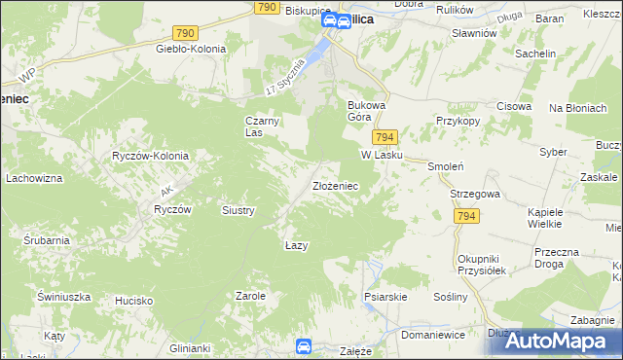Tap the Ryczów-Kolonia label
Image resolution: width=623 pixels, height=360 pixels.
[150, 156]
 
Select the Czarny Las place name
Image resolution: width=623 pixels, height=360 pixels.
[255, 126]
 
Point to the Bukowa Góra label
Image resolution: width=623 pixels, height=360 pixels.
[367, 110]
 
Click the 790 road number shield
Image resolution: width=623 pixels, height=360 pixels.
[269, 7]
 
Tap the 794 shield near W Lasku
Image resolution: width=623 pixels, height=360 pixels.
[384, 138]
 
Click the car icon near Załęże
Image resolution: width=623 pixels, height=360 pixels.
[304, 345]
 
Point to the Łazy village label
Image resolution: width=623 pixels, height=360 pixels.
[297, 245]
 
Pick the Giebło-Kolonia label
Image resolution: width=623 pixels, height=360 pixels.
[191, 48]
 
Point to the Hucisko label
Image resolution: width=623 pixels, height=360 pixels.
[133, 301]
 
